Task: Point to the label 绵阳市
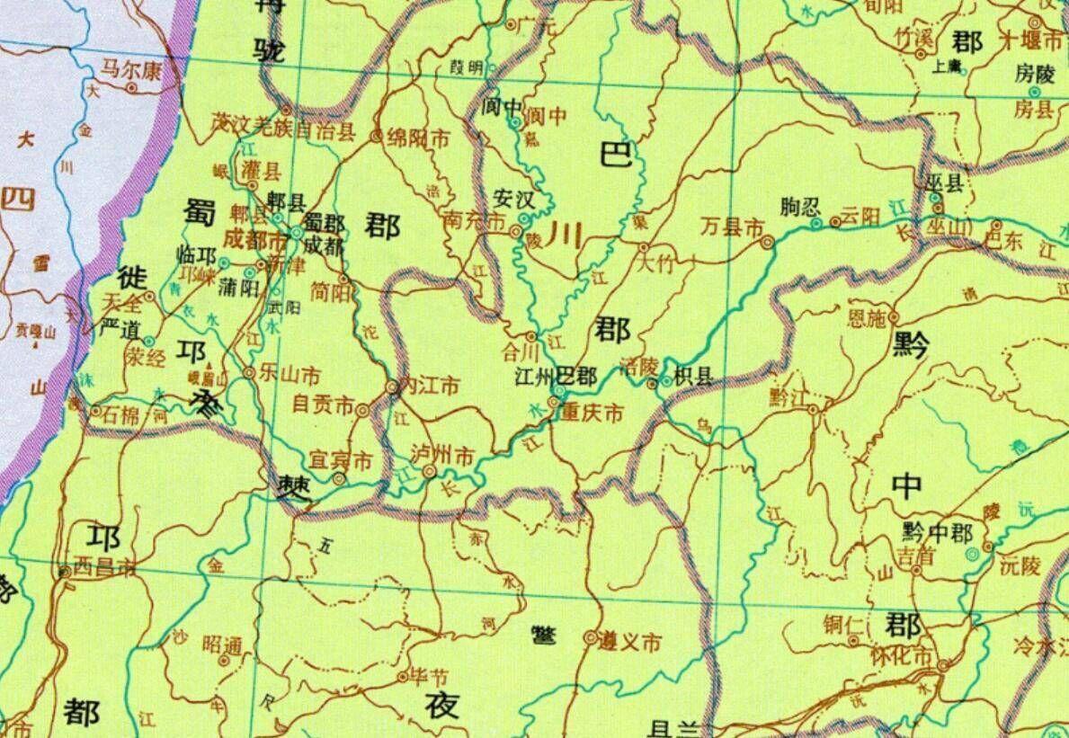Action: (x=418, y=138)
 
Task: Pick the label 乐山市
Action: (x=288, y=371)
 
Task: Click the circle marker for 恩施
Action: (x=894, y=317)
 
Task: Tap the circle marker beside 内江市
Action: (x=392, y=387)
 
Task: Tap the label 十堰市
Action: (x=1033, y=41)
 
